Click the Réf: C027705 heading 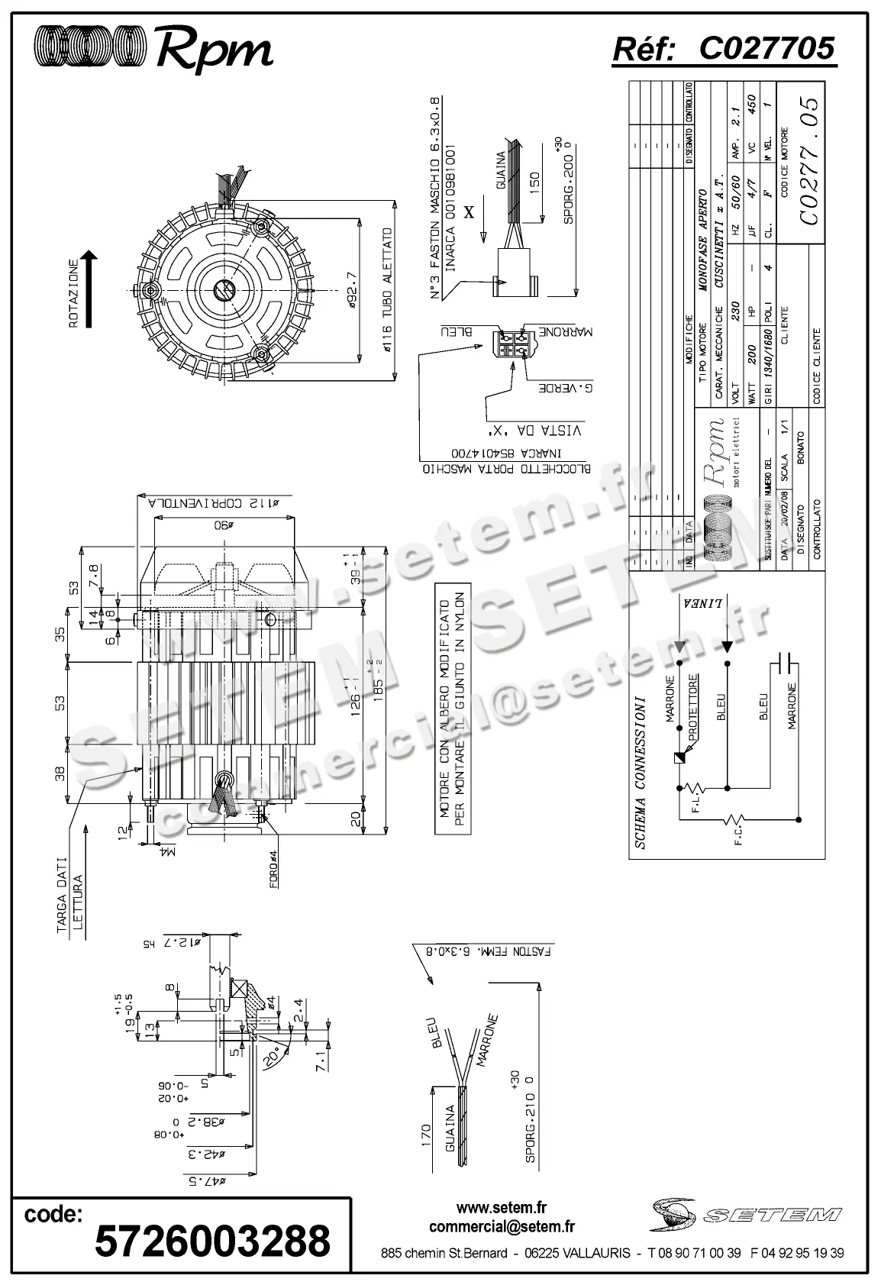724,48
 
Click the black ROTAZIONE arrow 89,290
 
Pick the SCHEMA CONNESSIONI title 641,772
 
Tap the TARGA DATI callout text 63,890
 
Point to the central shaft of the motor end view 224,289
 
